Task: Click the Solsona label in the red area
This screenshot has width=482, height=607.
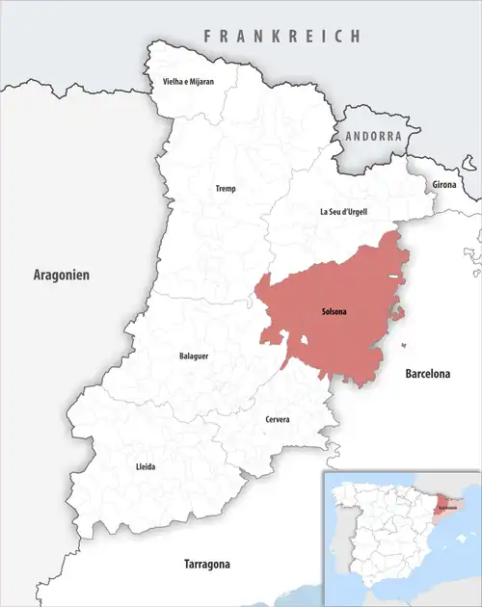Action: tap(335, 312)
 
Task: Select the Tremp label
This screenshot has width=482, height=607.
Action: tap(225, 189)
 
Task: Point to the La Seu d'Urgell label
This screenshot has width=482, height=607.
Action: tap(343, 211)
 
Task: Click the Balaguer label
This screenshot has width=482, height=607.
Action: tap(194, 356)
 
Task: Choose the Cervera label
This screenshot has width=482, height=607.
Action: tap(277, 419)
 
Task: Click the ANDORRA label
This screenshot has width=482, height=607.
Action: tap(372, 137)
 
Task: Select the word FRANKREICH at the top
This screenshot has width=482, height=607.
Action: tap(281, 37)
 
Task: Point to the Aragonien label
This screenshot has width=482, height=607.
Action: tap(62, 275)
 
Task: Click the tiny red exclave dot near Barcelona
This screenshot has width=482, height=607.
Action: tap(404, 345)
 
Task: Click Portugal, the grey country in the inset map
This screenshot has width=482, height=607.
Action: tap(336, 536)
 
